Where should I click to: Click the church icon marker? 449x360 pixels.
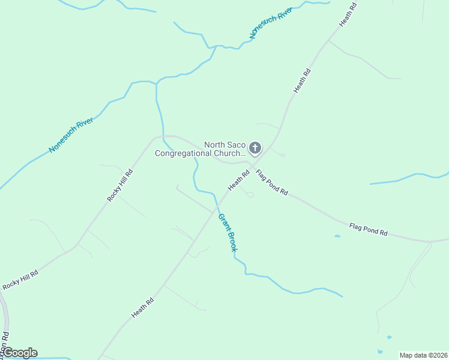pos(255,148)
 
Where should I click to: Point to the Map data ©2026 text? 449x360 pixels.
pos(423,355)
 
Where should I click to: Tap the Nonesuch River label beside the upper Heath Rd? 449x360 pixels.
pos(270,23)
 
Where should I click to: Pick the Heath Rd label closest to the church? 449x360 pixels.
pos(238,181)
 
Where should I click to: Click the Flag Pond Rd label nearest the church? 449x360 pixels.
pos(272,184)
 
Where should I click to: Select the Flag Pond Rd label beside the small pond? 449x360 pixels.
pos(369,229)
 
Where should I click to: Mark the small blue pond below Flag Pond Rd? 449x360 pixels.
pos(337,236)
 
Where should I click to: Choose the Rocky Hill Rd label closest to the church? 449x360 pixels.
pos(119,185)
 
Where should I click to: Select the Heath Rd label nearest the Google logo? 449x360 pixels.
pos(143,308)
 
